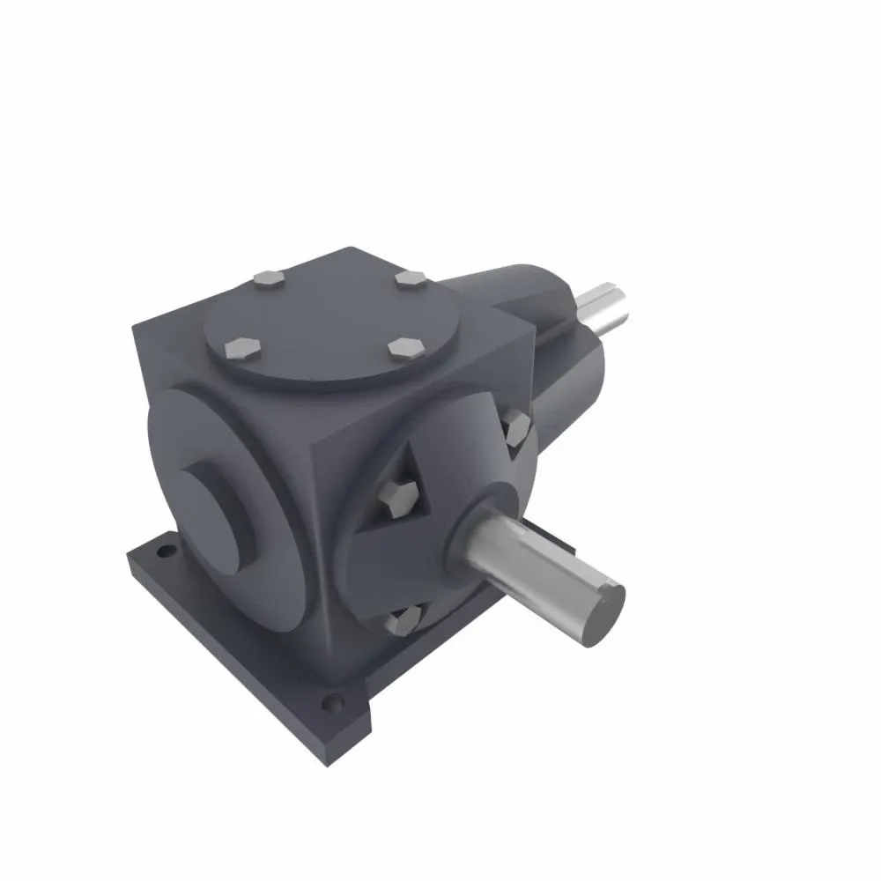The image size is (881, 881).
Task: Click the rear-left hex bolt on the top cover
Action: (267, 279)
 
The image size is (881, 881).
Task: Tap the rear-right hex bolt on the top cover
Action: (411, 279)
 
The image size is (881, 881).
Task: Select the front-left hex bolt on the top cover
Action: (243, 349)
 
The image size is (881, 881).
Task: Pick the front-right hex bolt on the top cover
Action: (405, 347)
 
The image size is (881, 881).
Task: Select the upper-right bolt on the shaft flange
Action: (516, 428)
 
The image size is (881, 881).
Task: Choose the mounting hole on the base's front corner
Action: (332, 703)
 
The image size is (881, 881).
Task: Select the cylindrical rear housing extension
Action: (564, 388)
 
